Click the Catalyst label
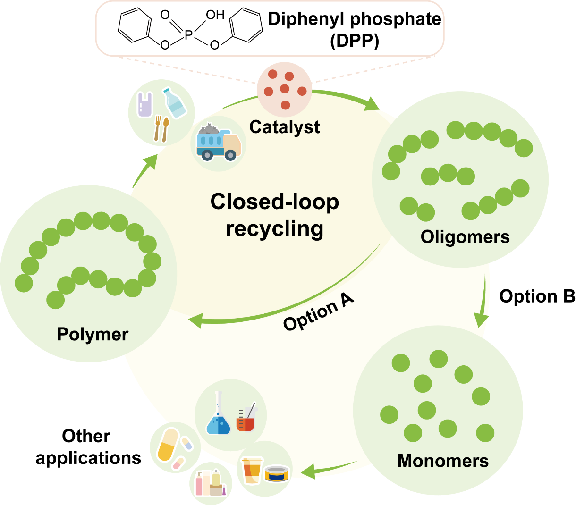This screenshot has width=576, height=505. click(x=284, y=127)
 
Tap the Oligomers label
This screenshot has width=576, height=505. click(x=465, y=237)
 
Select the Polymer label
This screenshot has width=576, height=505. click(x=93, y=334)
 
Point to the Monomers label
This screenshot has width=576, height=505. click(x=443, y=461)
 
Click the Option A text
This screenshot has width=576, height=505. click(x=319, y=312)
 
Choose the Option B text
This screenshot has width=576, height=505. click(x=537, y=296)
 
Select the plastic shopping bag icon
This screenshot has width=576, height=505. click(x=145, y=104)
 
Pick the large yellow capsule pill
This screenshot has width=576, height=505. click(x=168, y=445)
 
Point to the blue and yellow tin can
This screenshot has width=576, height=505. click(x=277, y=473)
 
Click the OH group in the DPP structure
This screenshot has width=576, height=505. click(x=215, y=15)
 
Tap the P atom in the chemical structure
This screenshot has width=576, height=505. click(x=188, y=34)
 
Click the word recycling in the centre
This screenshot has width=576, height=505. click(x=274, y=229)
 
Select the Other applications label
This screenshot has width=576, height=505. click(x=88, y=447)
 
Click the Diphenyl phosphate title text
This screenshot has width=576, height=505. click(x=354, y=19)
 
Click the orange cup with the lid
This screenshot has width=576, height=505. click(x=252, y=470)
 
